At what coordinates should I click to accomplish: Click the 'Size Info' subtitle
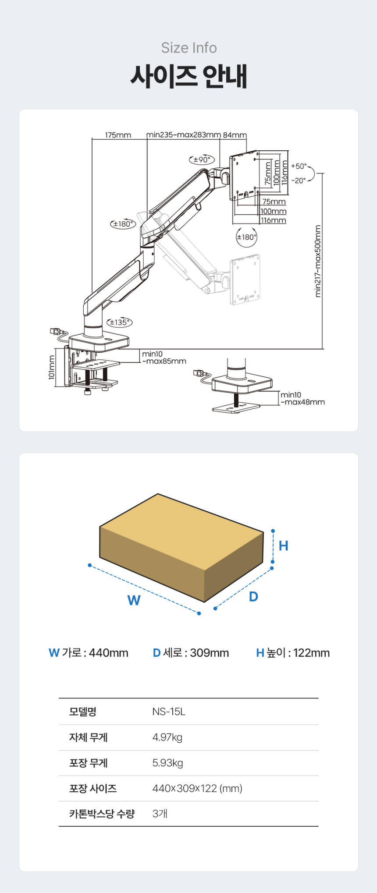click(x=189, y=48)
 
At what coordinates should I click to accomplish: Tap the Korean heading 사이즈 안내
click(x=189, y=76)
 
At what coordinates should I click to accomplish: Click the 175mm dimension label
click(x=118, y=135)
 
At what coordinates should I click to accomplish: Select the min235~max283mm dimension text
click(x=183, y=135)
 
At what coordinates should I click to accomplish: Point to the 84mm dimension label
click(x=235, y=135)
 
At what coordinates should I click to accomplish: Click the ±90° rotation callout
click(x=202, y=159)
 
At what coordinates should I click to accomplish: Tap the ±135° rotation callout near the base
click(x=120, y=322)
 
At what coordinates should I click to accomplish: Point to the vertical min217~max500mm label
click(x=318, y=261)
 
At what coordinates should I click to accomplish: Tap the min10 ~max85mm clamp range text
click(x=164, y=358)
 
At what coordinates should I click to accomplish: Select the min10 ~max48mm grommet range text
click(x=302, y=398)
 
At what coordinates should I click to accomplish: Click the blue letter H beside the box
click(x=284, y=546)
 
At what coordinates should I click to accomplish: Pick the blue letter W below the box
click(x=134, y=600)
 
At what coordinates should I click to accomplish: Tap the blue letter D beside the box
click(x=253, y=596)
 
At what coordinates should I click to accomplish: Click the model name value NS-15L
click(x=169, y=712)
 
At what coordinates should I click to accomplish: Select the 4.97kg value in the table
click(x=167, y=737)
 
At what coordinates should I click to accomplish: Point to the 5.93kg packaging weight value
click(x=167, y=763)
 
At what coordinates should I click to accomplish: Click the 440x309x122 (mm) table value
click(x=197, y=789)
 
